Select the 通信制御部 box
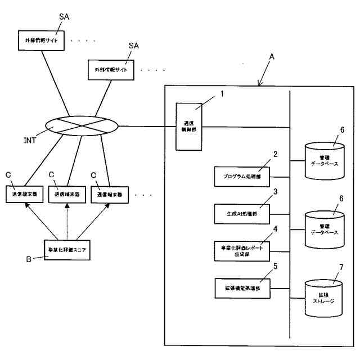(x=188, y=127)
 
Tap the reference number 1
(x=221, y=93)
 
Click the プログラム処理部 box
(x=242, y=176)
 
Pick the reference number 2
(x=275, y=154)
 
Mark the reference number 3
(x=275, y=191)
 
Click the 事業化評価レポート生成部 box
(x=242, y=250)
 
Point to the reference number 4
(x=275, y=229)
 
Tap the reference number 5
(x=275, y=267)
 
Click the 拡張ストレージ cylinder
(x=323, y=295)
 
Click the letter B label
(x=28, y=259)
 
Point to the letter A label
(x=272, y=57)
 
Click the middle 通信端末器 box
(x=67, y=194)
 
